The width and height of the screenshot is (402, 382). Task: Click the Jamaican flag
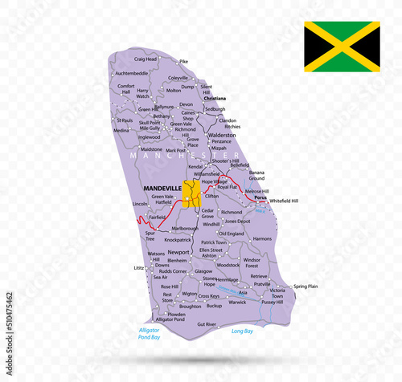pyautogui.click(x=342, y=47)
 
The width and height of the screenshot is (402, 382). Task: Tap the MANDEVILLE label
pyautogui.click(x=161, y=188)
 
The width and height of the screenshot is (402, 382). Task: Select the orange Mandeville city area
pyautogui.click(x=192, y=193)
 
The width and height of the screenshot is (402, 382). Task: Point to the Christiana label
pyautogui.click(x=215, y=98)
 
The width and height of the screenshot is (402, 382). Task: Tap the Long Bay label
pyautogui.click(x=243, y=330)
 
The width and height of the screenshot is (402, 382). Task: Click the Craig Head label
pyautogui.click(x=146, y=59)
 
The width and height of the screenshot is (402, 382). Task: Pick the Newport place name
pyautogui.click(x=178, y=251)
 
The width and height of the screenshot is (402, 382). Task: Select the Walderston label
pyautogui.click(x=222, y=136)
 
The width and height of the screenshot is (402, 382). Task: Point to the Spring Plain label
pyautogui.click(x=306, y=286)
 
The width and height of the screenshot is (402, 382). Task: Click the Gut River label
pyautogui.click(x=207, y=324)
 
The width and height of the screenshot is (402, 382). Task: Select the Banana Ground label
pyautogui.click(x=256, y=176)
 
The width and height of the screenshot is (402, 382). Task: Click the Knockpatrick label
pyautogui.click(x=178, y=239)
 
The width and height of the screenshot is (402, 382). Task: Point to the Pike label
pyautogui.click(x=183, y=61)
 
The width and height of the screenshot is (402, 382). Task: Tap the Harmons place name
pyautogui.click(x=262, y=238)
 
